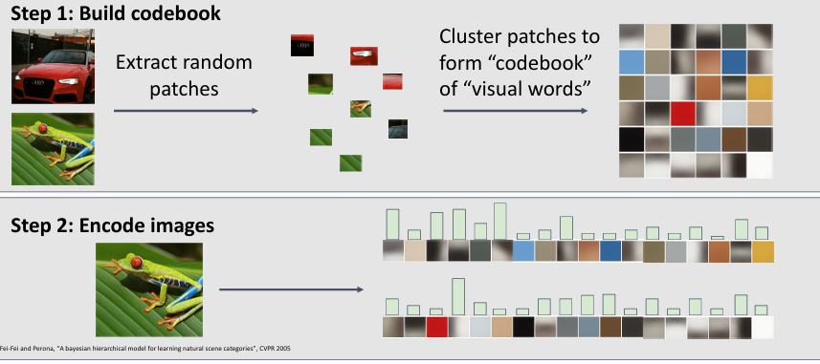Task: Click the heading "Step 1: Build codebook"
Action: tap(116, 13)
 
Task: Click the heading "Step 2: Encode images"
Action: tap(113, 225)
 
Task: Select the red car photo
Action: tap(53, 66)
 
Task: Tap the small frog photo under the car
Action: tap(53, 149)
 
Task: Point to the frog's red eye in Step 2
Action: tap(137, 262)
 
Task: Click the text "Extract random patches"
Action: tap(184, 75)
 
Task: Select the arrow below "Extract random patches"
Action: tap(186, 111)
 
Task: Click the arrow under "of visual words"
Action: tap(515, 111)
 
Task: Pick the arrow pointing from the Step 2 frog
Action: tap(291, 289)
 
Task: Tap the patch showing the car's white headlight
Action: tap(364, 55)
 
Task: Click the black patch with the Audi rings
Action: tap(302, 46)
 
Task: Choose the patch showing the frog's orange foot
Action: tap(361, 109)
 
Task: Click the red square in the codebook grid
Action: tap(682, 114)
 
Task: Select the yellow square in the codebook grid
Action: tap(760, 88)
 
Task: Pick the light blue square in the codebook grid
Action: tap(632, 62)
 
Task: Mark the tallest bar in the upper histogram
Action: tap(500, 221)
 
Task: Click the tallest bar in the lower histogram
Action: tap(458, 296)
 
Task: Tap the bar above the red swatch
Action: tap(436, 311)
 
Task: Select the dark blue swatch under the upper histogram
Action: tap(610, 251)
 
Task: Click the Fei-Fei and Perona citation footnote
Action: tap(145, 349)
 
